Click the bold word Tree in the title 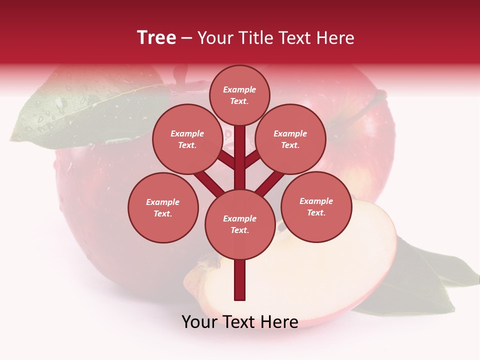pos(156,38)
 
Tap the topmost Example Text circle pos(239,95)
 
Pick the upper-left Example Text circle pos(187,139)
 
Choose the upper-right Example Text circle pos(290,139)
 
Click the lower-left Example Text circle pos(163,207)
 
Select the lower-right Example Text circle pos(316,206)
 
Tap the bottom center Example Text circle pos(240,224)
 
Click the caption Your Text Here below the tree pos(240,322)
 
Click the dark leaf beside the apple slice pos(420,280)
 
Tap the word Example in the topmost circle pos(239,89)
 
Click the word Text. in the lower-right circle pos(316,212)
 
